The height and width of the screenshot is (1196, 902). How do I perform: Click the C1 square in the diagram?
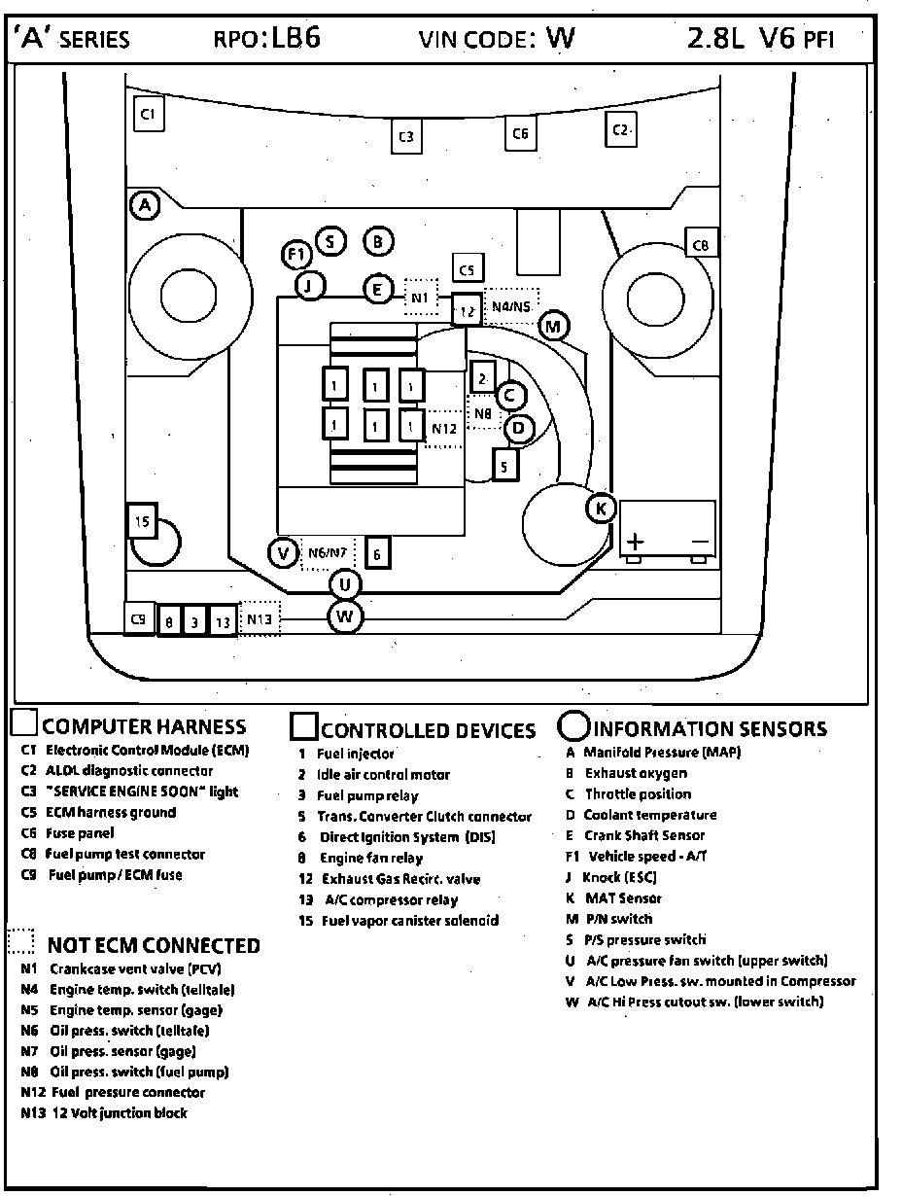(x=148, y=114)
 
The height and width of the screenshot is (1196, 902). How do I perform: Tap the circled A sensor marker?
(x=145, y=205)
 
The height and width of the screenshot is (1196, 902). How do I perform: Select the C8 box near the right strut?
(x=701, y=244)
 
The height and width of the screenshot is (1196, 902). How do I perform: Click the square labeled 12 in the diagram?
(x=468, y=310)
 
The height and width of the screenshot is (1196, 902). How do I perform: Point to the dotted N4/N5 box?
(x=511, y=306)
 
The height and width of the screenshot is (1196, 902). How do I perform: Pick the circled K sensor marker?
(x=601, y=508)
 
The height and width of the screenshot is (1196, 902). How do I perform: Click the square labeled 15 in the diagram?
(x=142, y=522)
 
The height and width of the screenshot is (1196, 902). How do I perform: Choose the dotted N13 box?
(x=260, y=618)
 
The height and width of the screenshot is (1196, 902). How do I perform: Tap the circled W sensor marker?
(x=345, y=616)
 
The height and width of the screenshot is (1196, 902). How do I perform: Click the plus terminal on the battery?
(x=636, y=542)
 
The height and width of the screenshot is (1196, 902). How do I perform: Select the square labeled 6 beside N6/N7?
(x=378, y=554)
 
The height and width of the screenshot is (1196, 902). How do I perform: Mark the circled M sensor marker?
(x=552, y=326)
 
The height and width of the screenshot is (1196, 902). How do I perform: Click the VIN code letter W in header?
(x=561, y=38)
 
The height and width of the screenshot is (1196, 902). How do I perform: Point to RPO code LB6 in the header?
(x=295, y=38)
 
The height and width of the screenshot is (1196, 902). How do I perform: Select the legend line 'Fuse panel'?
(x=80, y=833)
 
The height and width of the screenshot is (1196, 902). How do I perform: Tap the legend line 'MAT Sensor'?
(x=623, y=898)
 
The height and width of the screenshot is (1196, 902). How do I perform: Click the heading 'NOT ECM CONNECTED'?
(x=154, y=946)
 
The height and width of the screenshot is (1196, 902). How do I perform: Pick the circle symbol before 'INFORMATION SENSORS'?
(x=573, y=727)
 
